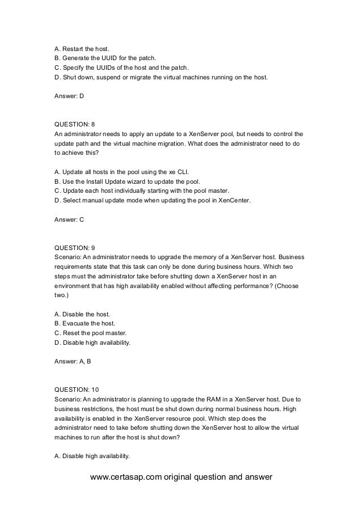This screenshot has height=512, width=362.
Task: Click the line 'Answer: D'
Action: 69,96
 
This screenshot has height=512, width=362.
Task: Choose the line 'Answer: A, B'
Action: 72,363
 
